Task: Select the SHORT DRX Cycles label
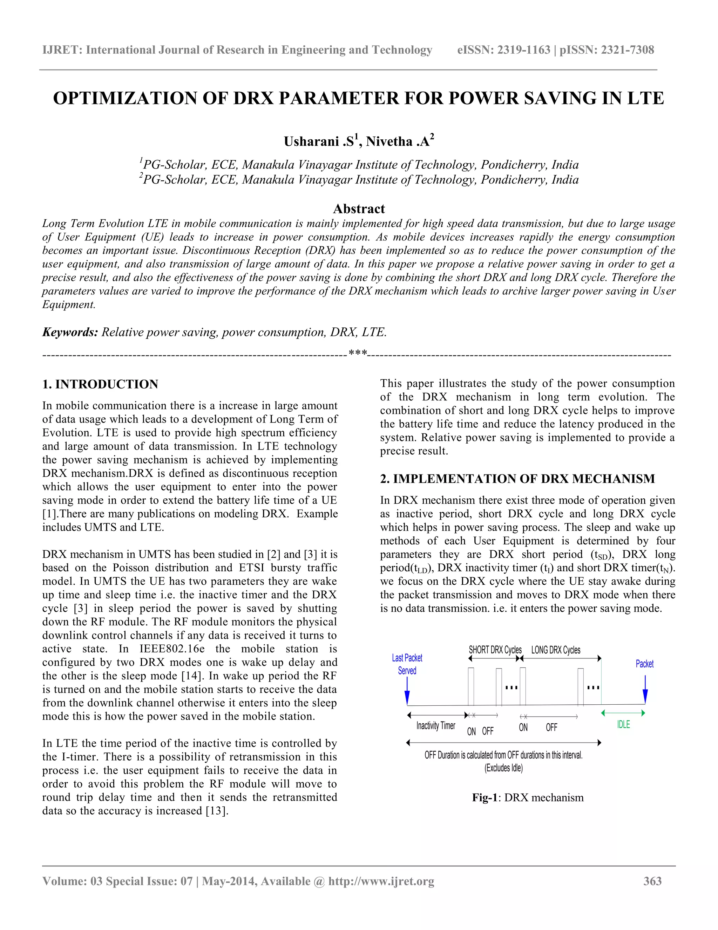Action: [495, 650]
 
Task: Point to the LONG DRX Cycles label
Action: [556, 650]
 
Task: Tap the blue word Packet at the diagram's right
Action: [644, 664]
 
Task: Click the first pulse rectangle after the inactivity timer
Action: [471, 686]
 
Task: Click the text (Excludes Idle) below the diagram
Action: [504, 768]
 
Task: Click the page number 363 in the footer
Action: [652, 881]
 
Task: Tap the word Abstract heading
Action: [359, 209]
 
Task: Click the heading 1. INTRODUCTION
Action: [100, 384]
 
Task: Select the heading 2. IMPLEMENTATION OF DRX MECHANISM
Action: [517, 479]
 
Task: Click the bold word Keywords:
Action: [70, 332]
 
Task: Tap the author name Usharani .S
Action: [319, 141]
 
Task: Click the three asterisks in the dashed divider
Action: [357, 353]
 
